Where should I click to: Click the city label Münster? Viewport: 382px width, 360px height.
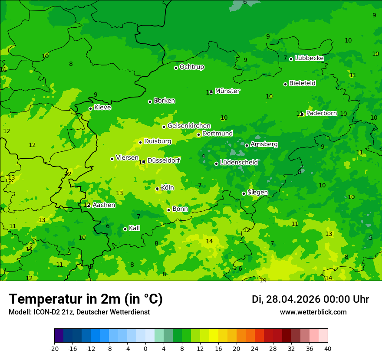coord(227,91)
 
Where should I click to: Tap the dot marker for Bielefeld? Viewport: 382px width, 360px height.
coord(285,84)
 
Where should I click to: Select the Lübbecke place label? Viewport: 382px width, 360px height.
coord(309,58)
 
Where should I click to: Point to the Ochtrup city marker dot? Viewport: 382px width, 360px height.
coord(176,68)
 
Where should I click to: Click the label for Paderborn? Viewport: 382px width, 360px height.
coord(321,113)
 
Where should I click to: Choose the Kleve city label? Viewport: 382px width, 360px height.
coord(102,108)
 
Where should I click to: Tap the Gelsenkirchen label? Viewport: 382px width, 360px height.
coord(189,126)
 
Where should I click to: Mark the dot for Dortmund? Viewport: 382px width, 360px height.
coord(198,134)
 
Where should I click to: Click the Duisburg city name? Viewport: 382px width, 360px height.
coord(158,141)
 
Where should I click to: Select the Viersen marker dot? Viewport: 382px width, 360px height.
coord(112,159)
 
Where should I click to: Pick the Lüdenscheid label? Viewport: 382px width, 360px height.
coord(239,163)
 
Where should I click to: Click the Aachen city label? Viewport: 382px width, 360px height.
coord(104,205)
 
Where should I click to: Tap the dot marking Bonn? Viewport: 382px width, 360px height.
coord(168,210)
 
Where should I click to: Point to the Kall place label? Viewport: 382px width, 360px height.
coord(134,228)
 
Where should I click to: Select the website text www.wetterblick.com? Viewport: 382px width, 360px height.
coord(313,312)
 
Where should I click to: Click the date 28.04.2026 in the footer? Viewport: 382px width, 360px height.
coord(293,299)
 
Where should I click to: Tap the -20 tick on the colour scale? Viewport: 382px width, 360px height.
coord(54,348)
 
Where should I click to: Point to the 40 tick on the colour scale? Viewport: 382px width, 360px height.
coord(328,348)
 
